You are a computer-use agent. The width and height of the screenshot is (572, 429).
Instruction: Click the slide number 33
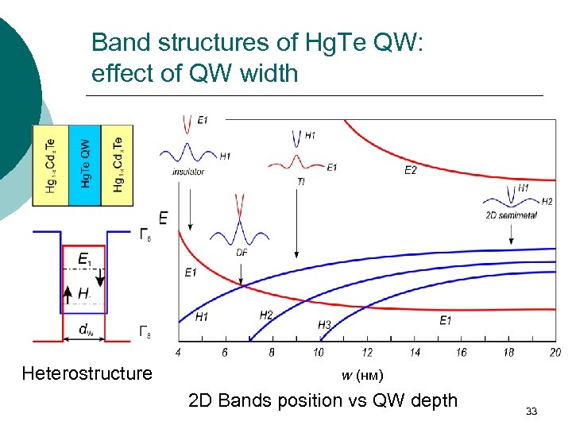[531, 411]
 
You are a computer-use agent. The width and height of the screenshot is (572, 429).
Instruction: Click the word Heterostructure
[87, 373]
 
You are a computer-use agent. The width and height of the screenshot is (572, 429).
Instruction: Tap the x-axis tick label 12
[367, 352]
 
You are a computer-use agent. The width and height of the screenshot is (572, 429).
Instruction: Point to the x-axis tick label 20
[555, 352]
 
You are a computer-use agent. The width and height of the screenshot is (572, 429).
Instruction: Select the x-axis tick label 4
[178, 352]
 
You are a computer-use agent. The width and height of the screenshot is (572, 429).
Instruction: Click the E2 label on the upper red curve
[411, 170]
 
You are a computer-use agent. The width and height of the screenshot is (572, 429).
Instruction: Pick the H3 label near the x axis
[324, 325]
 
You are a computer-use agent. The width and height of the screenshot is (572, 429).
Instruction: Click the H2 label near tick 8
[266, 315]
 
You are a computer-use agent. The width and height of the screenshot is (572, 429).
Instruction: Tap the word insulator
[188, 172]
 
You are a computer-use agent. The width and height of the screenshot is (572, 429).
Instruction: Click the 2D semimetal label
[506, 214]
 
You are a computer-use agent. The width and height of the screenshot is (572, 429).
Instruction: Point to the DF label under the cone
[241, 252]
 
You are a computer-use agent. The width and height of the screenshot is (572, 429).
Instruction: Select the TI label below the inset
[300, 181]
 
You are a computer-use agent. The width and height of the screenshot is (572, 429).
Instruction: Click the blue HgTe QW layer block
[85, 164]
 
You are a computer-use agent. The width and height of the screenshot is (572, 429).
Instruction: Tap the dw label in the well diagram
[83, 328]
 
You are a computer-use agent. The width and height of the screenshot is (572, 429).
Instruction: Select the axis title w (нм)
[361, 375]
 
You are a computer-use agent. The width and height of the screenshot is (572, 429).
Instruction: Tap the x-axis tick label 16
[461, 352]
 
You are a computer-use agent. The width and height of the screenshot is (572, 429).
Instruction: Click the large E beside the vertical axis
[163, 217]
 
